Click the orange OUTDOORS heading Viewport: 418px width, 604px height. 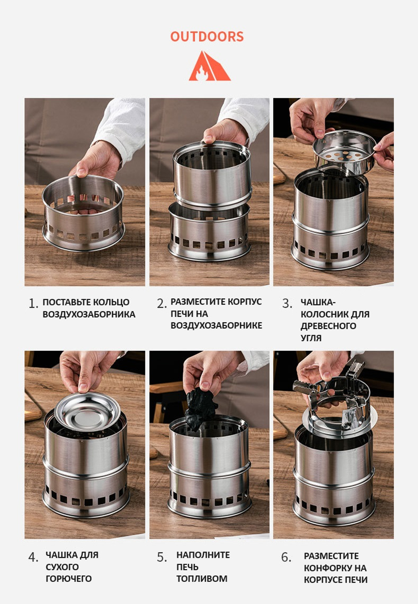point(207,37)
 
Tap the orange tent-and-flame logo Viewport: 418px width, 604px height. point(209,66)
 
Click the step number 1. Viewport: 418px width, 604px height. point(33,304)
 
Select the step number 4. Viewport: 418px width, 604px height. point(33,557)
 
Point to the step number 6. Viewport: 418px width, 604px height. point(286,557)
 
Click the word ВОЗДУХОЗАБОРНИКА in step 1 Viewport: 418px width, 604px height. point(89,315)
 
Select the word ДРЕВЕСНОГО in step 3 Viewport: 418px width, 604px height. point(329,326)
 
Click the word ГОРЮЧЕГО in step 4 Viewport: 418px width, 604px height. point(69,579)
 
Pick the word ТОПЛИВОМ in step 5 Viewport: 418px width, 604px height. point(202,579)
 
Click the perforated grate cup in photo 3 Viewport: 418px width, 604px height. point(344,152)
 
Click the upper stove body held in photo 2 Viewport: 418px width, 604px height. point(212,175)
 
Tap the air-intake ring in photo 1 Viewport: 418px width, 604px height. point(83,213)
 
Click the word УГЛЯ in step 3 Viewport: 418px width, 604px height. point(311,338)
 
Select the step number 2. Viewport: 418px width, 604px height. point(162,304)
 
